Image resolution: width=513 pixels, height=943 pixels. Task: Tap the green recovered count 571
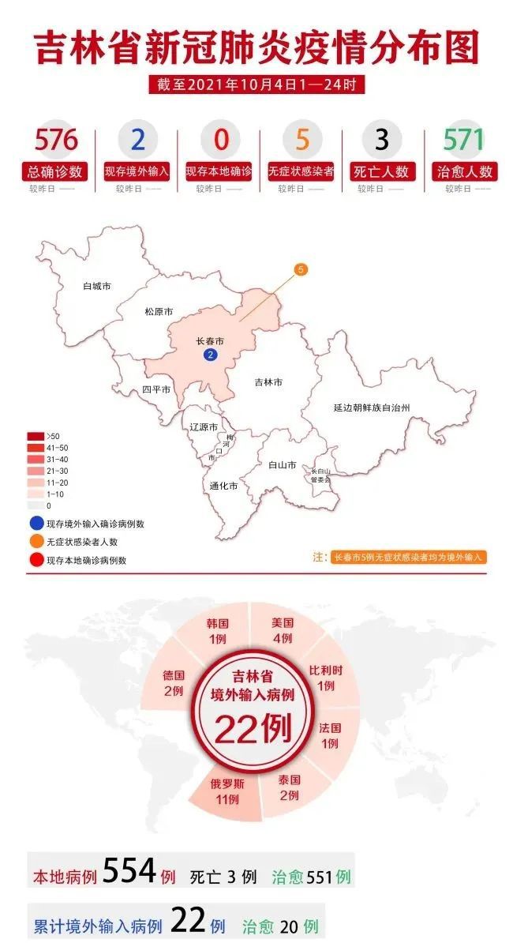(x=463, y=140)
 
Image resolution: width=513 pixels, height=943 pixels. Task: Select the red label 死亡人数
(x=382, y=171)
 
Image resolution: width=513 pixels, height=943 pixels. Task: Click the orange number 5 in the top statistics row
(x=301, y=140)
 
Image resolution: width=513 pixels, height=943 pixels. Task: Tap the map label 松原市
(x=158, y=311)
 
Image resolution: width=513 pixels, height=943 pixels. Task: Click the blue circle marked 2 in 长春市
(x=210, y=355)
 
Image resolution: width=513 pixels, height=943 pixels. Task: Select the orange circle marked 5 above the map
(x=301, y=269)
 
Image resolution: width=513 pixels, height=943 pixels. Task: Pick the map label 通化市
(x=223, y=487)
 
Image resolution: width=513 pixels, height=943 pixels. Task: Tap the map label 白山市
(x=282, y=464)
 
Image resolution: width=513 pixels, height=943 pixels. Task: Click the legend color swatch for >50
(x=36, y=436)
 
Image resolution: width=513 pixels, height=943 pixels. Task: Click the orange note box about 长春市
(x=408, y=557)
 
